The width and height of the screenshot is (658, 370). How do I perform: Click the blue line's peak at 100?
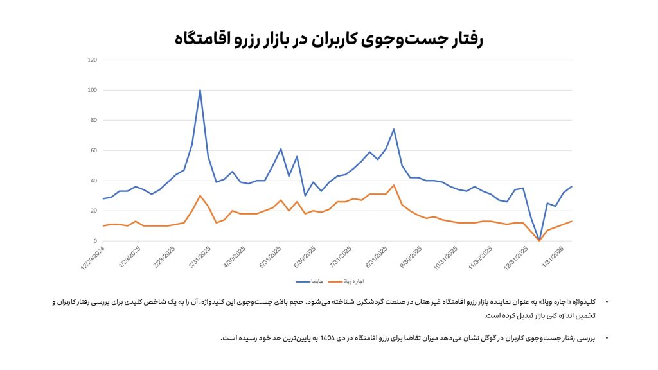point(200,91)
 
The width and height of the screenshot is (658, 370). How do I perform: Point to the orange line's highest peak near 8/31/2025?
point(393,185)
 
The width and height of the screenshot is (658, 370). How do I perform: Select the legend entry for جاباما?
point(310,281)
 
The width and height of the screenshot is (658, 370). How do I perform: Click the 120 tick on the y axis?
point(92,60)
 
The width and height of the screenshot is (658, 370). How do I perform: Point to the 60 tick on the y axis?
point(93,150)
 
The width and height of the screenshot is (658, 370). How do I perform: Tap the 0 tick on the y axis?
point(95,241)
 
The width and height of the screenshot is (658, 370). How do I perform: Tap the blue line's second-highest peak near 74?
point(393,130)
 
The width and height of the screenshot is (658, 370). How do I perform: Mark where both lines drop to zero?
point(538,240)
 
